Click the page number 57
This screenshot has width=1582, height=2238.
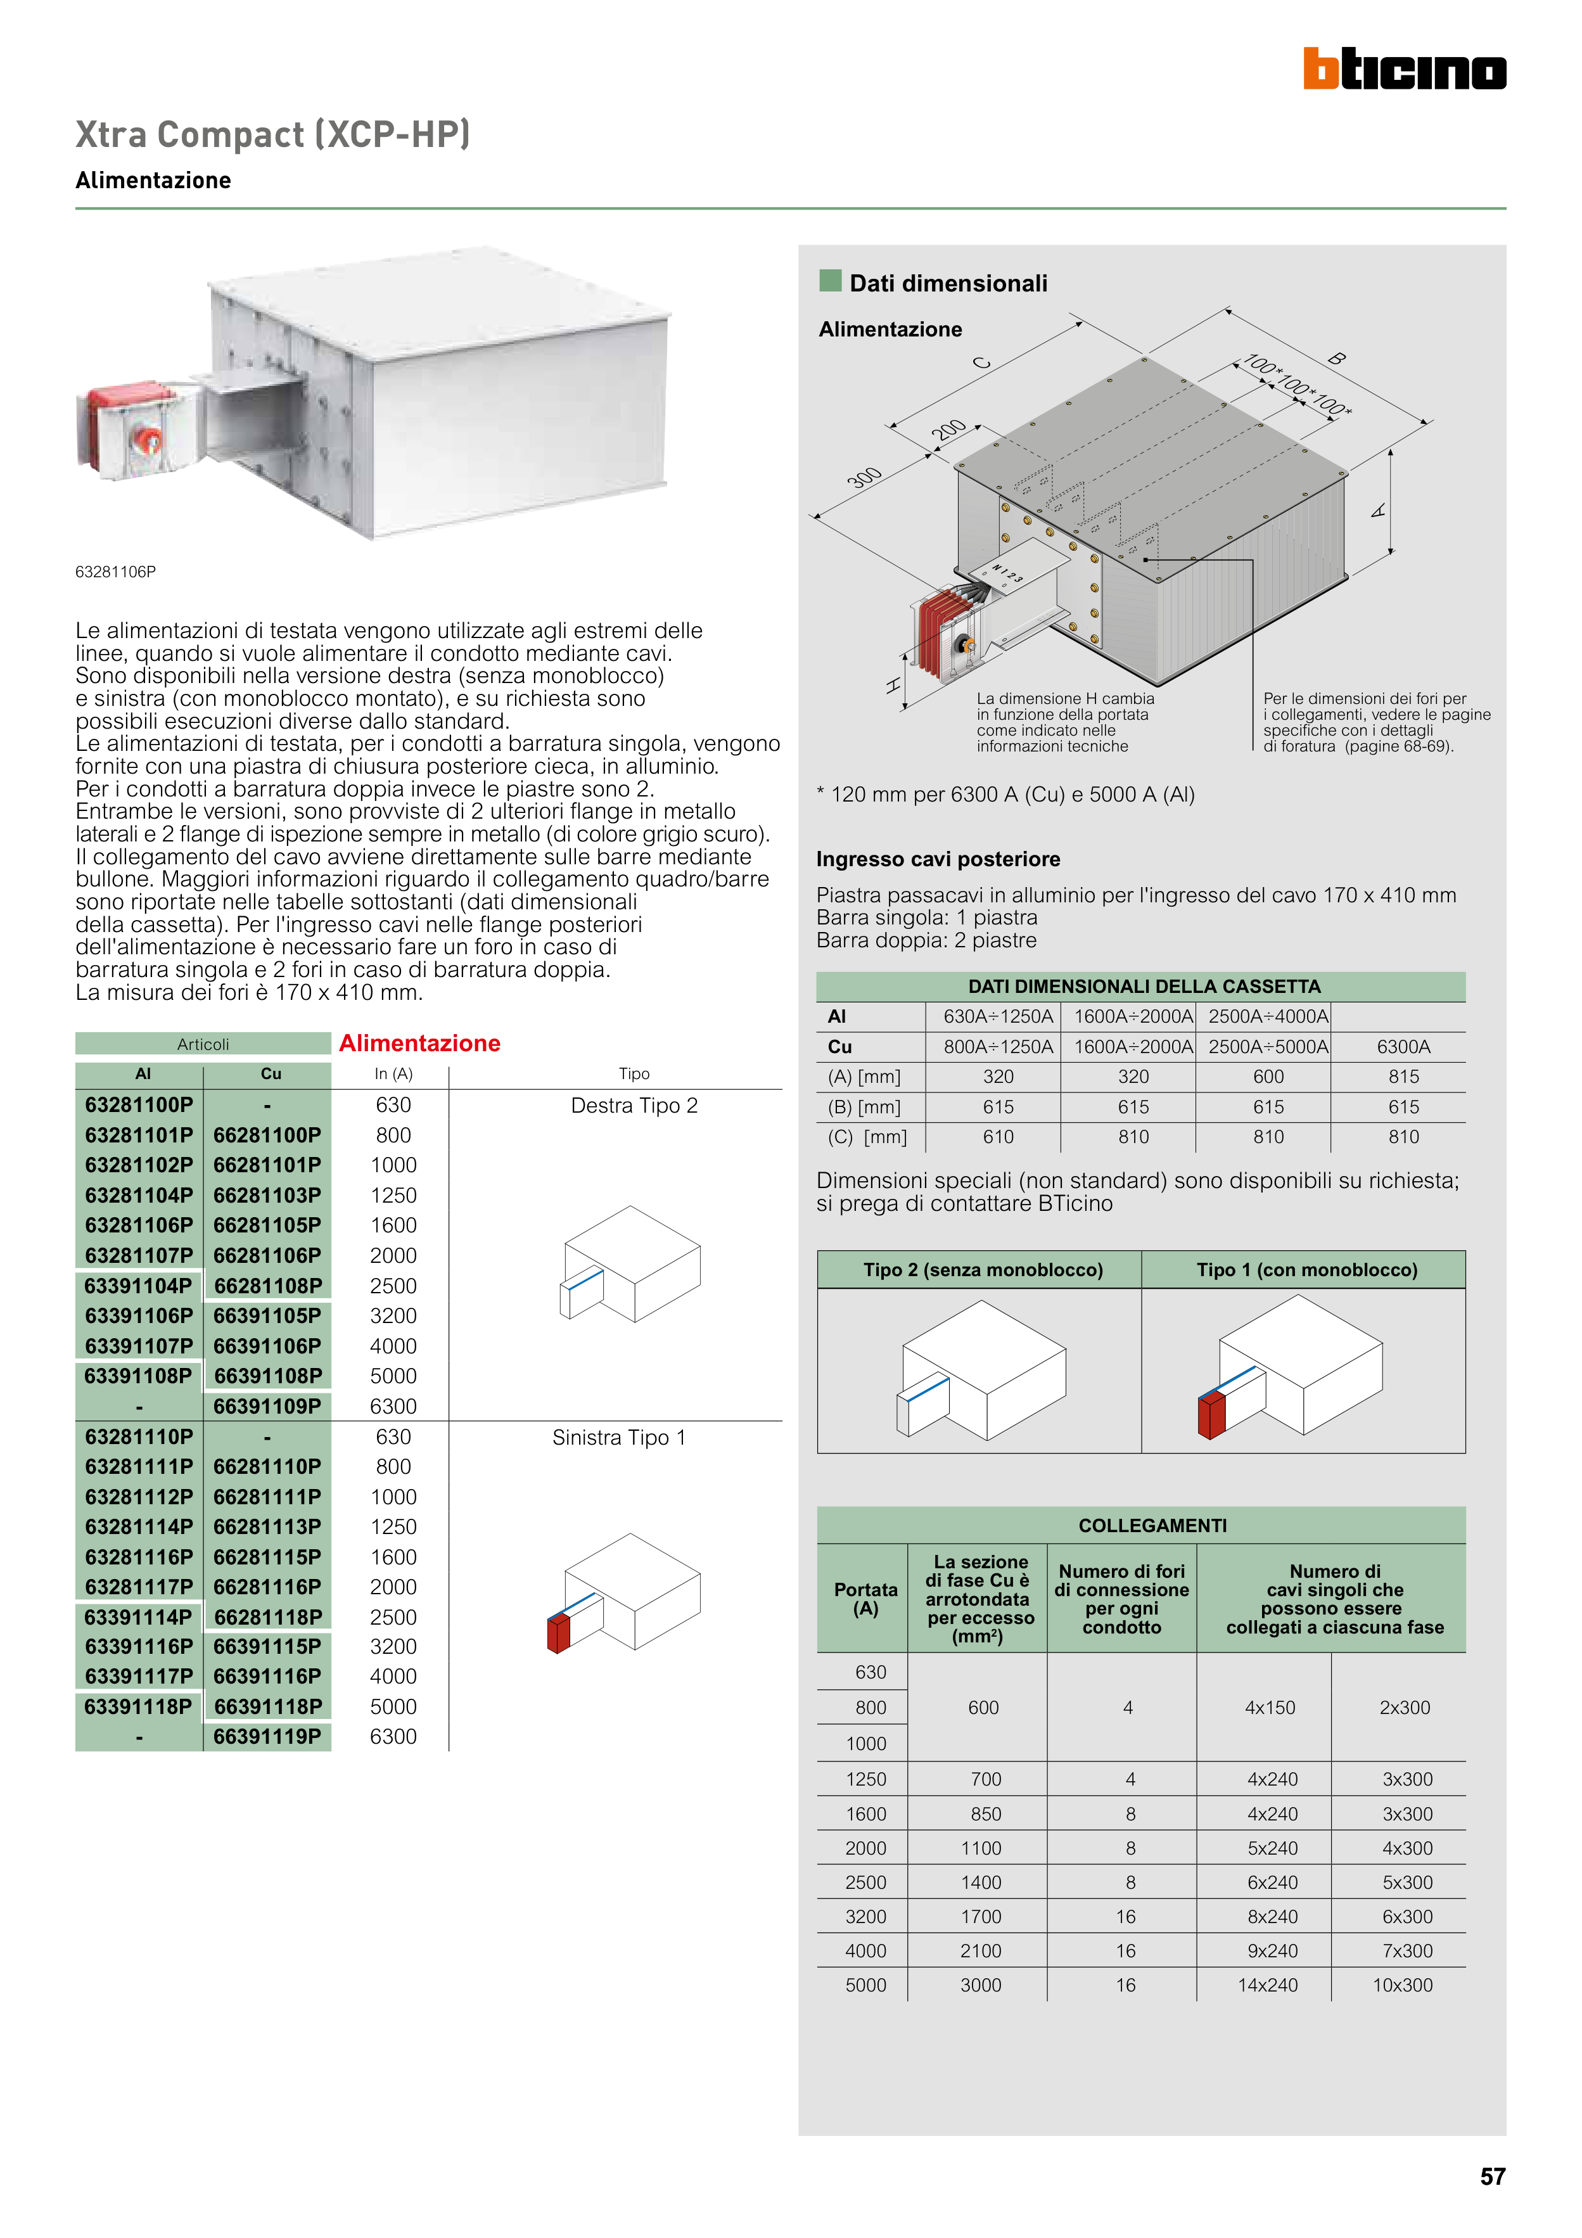1491,2177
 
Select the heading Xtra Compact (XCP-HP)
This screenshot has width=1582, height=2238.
273,134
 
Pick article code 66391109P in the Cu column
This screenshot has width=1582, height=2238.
267,1407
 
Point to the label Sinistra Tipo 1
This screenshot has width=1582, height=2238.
619,1438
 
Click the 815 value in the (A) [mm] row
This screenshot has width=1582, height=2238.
1403,1077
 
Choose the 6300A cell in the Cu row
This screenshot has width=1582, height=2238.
1403,1047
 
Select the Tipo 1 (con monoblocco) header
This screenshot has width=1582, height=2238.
1306,1270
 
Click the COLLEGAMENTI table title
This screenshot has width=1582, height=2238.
1152,1525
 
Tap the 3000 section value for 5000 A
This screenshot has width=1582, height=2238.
981,1986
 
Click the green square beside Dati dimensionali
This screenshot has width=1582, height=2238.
831,281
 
